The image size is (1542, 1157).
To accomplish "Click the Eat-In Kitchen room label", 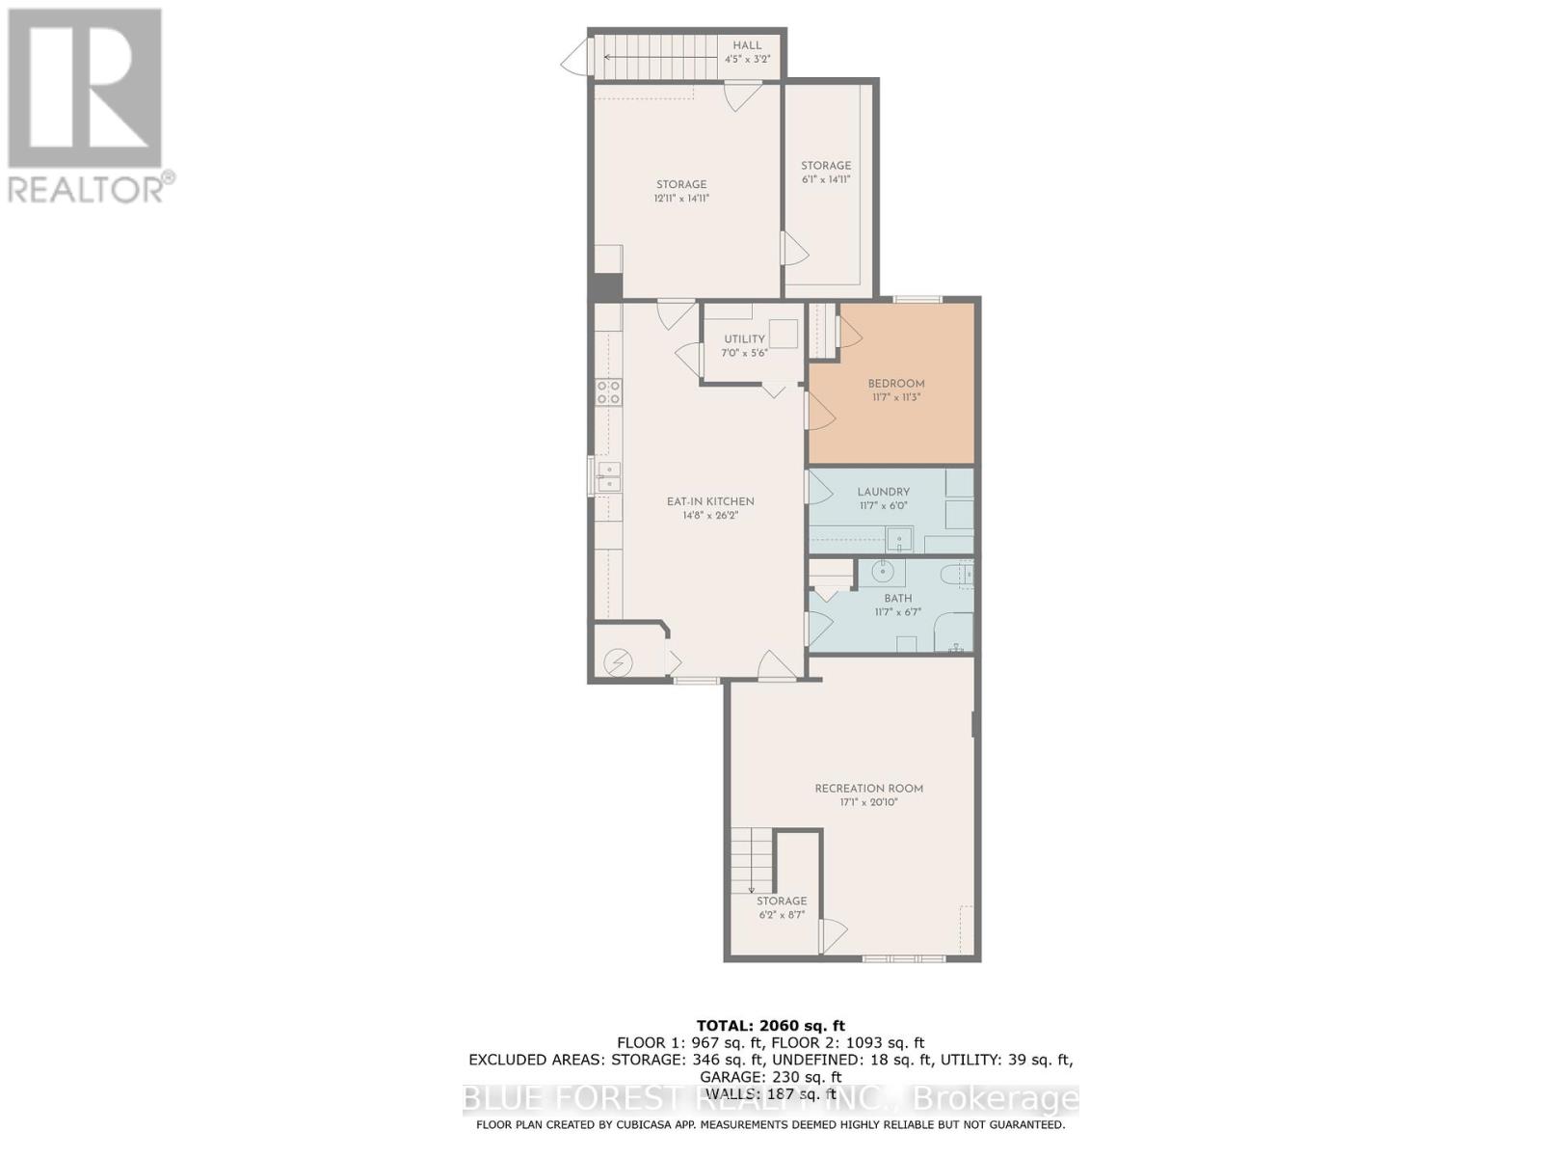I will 710,501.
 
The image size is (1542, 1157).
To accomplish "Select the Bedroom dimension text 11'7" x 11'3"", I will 895,397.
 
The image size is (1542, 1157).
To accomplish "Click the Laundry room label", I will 883,492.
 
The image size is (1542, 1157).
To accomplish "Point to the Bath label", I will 897,599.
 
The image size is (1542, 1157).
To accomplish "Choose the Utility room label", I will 744,339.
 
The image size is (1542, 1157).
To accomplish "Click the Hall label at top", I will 747,45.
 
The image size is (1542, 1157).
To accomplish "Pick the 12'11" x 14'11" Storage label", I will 681,184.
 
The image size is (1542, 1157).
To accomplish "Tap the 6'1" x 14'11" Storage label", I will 826,166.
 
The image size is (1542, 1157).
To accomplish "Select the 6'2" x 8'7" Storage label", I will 781,901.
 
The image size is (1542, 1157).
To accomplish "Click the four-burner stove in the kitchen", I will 608,390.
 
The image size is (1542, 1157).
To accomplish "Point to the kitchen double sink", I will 607,476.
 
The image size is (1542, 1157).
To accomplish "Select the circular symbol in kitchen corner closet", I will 617,662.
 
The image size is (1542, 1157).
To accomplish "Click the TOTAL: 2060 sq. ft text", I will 770,1026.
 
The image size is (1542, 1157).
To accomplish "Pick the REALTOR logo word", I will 87,188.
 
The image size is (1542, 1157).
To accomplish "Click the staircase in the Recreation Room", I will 752,861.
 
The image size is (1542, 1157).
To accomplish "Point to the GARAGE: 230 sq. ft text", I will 770,1077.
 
